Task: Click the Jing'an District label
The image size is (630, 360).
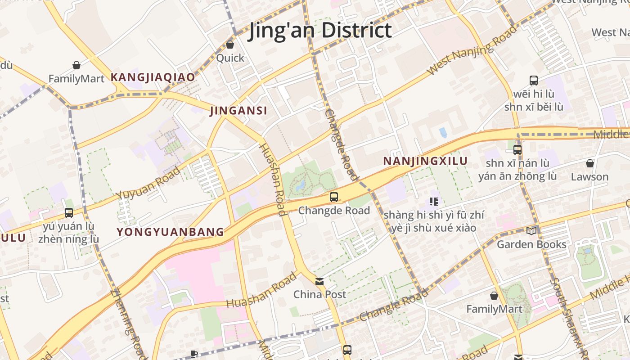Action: pyautogui.click(x=320, y=30)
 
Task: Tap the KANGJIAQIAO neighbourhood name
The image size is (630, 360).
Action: pyautogui.click(x=153, y=77)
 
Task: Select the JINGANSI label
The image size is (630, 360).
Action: pyautogui.click(x=238, y=111)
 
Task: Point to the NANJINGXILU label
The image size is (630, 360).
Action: pyautogui.click(x=425, y=161)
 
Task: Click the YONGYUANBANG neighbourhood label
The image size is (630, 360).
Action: pyautogui.click(x=170, y=232)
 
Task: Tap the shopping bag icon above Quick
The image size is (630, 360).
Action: pyautogui.click(x=230, y=45)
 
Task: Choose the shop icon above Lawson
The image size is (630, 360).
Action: pyautogui.click(x=589, y=163)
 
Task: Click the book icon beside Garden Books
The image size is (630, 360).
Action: pyautogui.click(x=531, y=231)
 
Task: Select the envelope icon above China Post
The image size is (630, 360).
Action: pyautogui.click(x=319, y=282)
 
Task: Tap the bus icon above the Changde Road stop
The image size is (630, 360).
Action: pyautogui.click(x=333, y=197)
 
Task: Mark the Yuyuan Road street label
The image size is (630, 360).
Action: pyautogui.click(x=148, y=183)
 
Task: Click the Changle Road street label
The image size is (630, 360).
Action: pyautogui.click(x=394, y=305)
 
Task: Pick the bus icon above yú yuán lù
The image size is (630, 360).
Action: pyautogui.click(x=69, y=213)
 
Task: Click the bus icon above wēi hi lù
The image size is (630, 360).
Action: pyautogui.click(x=534, y=81)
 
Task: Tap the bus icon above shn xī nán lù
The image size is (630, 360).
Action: pyautogui.click(x=517, y=150)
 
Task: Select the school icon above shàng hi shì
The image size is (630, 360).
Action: pyautogui.click(x=434, y=202)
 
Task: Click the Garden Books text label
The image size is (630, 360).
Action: pyautogui.click(x=531, y=244)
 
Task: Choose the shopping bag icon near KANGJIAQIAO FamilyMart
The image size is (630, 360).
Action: pyautogui.click(x=76, y=66)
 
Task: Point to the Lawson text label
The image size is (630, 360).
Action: pyautogui.click(x=589, y=177)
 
